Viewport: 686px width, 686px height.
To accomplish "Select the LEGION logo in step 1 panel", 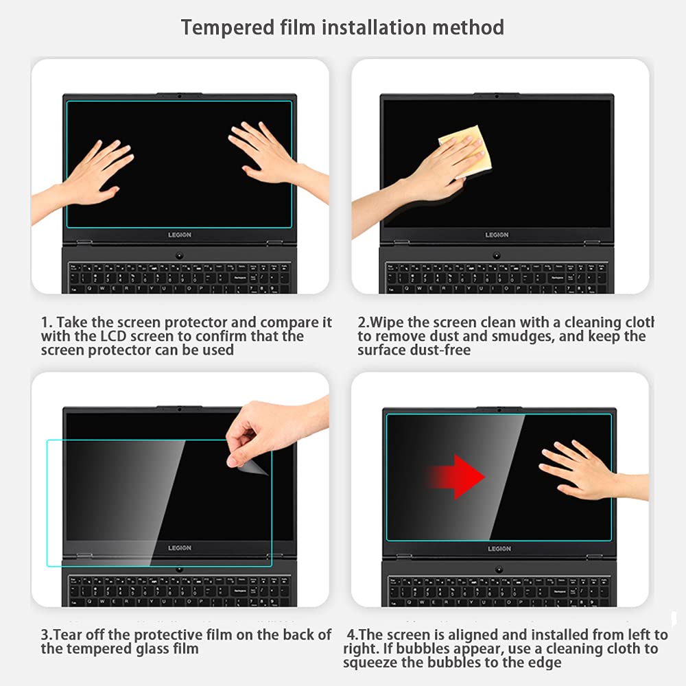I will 180,235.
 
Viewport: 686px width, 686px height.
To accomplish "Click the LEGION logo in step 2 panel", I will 497,235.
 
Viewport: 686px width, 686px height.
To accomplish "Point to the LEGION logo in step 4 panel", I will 499,549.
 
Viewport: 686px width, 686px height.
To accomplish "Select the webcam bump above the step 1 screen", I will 179,95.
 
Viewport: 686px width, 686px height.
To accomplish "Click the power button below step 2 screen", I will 497,256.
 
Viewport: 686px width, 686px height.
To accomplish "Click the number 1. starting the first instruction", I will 47,322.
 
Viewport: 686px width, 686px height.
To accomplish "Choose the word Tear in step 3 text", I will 70,635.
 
